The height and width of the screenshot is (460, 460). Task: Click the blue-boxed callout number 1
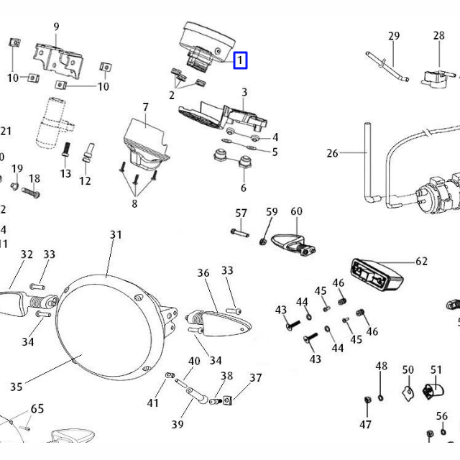coord(241,60)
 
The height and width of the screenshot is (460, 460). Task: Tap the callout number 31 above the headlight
coord(116,235)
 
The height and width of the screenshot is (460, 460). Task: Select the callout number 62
coord(421,262)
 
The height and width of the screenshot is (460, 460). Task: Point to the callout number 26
coord(331,153)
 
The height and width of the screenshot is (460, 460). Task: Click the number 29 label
coord(394,37)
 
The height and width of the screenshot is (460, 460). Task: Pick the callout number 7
coord(146,108)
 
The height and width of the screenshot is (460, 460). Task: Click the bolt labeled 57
coord(239,231)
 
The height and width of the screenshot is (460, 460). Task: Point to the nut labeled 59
coord(265,239)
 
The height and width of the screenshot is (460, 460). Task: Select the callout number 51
coord(436,370)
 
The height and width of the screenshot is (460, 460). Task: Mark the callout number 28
coord(438,36)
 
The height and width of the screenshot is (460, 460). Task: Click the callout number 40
coord(194,361)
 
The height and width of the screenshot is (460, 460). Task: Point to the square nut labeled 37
coord(226,400)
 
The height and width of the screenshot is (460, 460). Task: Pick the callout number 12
coord(85,181)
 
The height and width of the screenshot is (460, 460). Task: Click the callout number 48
coord(381,367)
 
